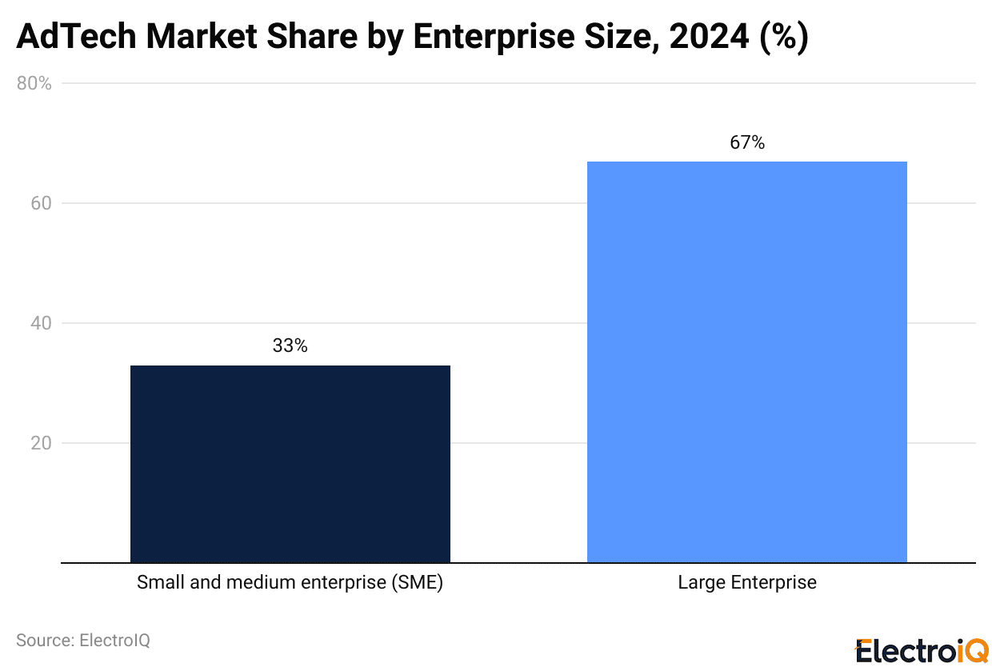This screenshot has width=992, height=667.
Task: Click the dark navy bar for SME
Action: [x=290, y=464]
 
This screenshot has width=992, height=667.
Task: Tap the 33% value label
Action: [x=290, y=345]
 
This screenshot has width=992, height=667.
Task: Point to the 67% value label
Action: [x=746, y=142]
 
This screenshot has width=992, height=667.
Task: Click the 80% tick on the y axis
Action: [x=34, y=83]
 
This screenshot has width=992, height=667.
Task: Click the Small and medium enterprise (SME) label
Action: [x=290, y=582]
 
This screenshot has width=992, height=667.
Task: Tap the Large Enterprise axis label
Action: [x=746, y=582]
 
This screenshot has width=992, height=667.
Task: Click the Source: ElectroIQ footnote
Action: [x=82, y=640]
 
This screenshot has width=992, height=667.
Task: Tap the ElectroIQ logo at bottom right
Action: [x=922, y=650]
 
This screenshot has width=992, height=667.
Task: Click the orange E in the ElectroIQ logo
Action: [x=864, y=650]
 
